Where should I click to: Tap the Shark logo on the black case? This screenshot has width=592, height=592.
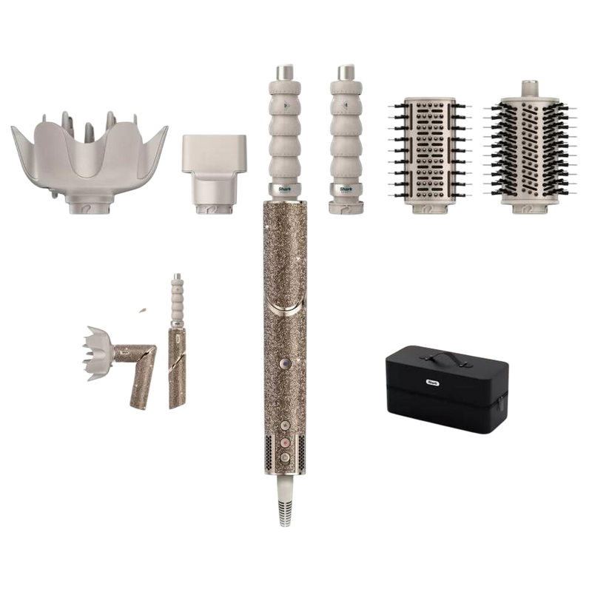pos(434,383)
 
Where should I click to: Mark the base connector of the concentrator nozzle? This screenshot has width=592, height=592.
pos(211,204)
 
